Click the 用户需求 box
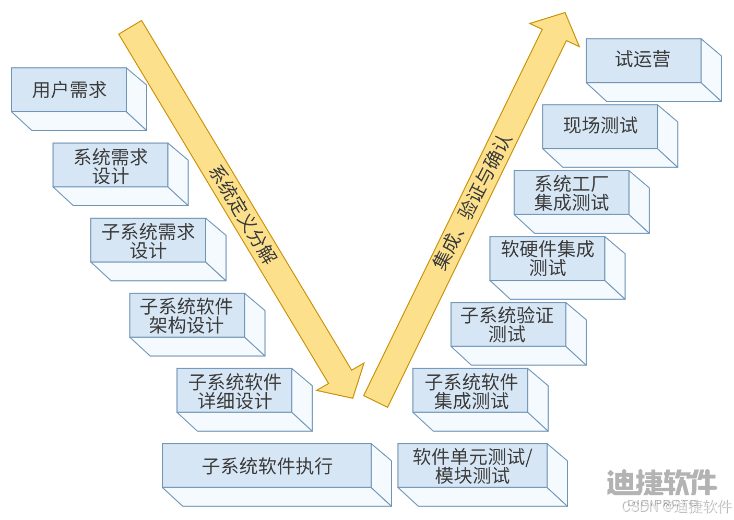tap(69, 90)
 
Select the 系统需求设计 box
tap(110, 166)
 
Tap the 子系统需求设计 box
tap(148, 241)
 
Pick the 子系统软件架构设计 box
tap(187, 315)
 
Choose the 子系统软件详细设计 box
tap(234, 391)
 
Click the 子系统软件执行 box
tap(267, 466)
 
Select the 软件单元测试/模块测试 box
tap(472, 466)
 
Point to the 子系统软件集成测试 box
tap(470, 391)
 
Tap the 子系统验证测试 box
tap(507, 324)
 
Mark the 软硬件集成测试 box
tap(547, 258)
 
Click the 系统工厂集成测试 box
tap(571, 193)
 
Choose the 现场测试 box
tap(600, 126)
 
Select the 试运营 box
tap(643, 60)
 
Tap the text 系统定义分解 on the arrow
tap(243, 215)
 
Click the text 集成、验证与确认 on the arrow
tap(473, 204)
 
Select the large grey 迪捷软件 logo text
tap(661, 482)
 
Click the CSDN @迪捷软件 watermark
tap(676, 506)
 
